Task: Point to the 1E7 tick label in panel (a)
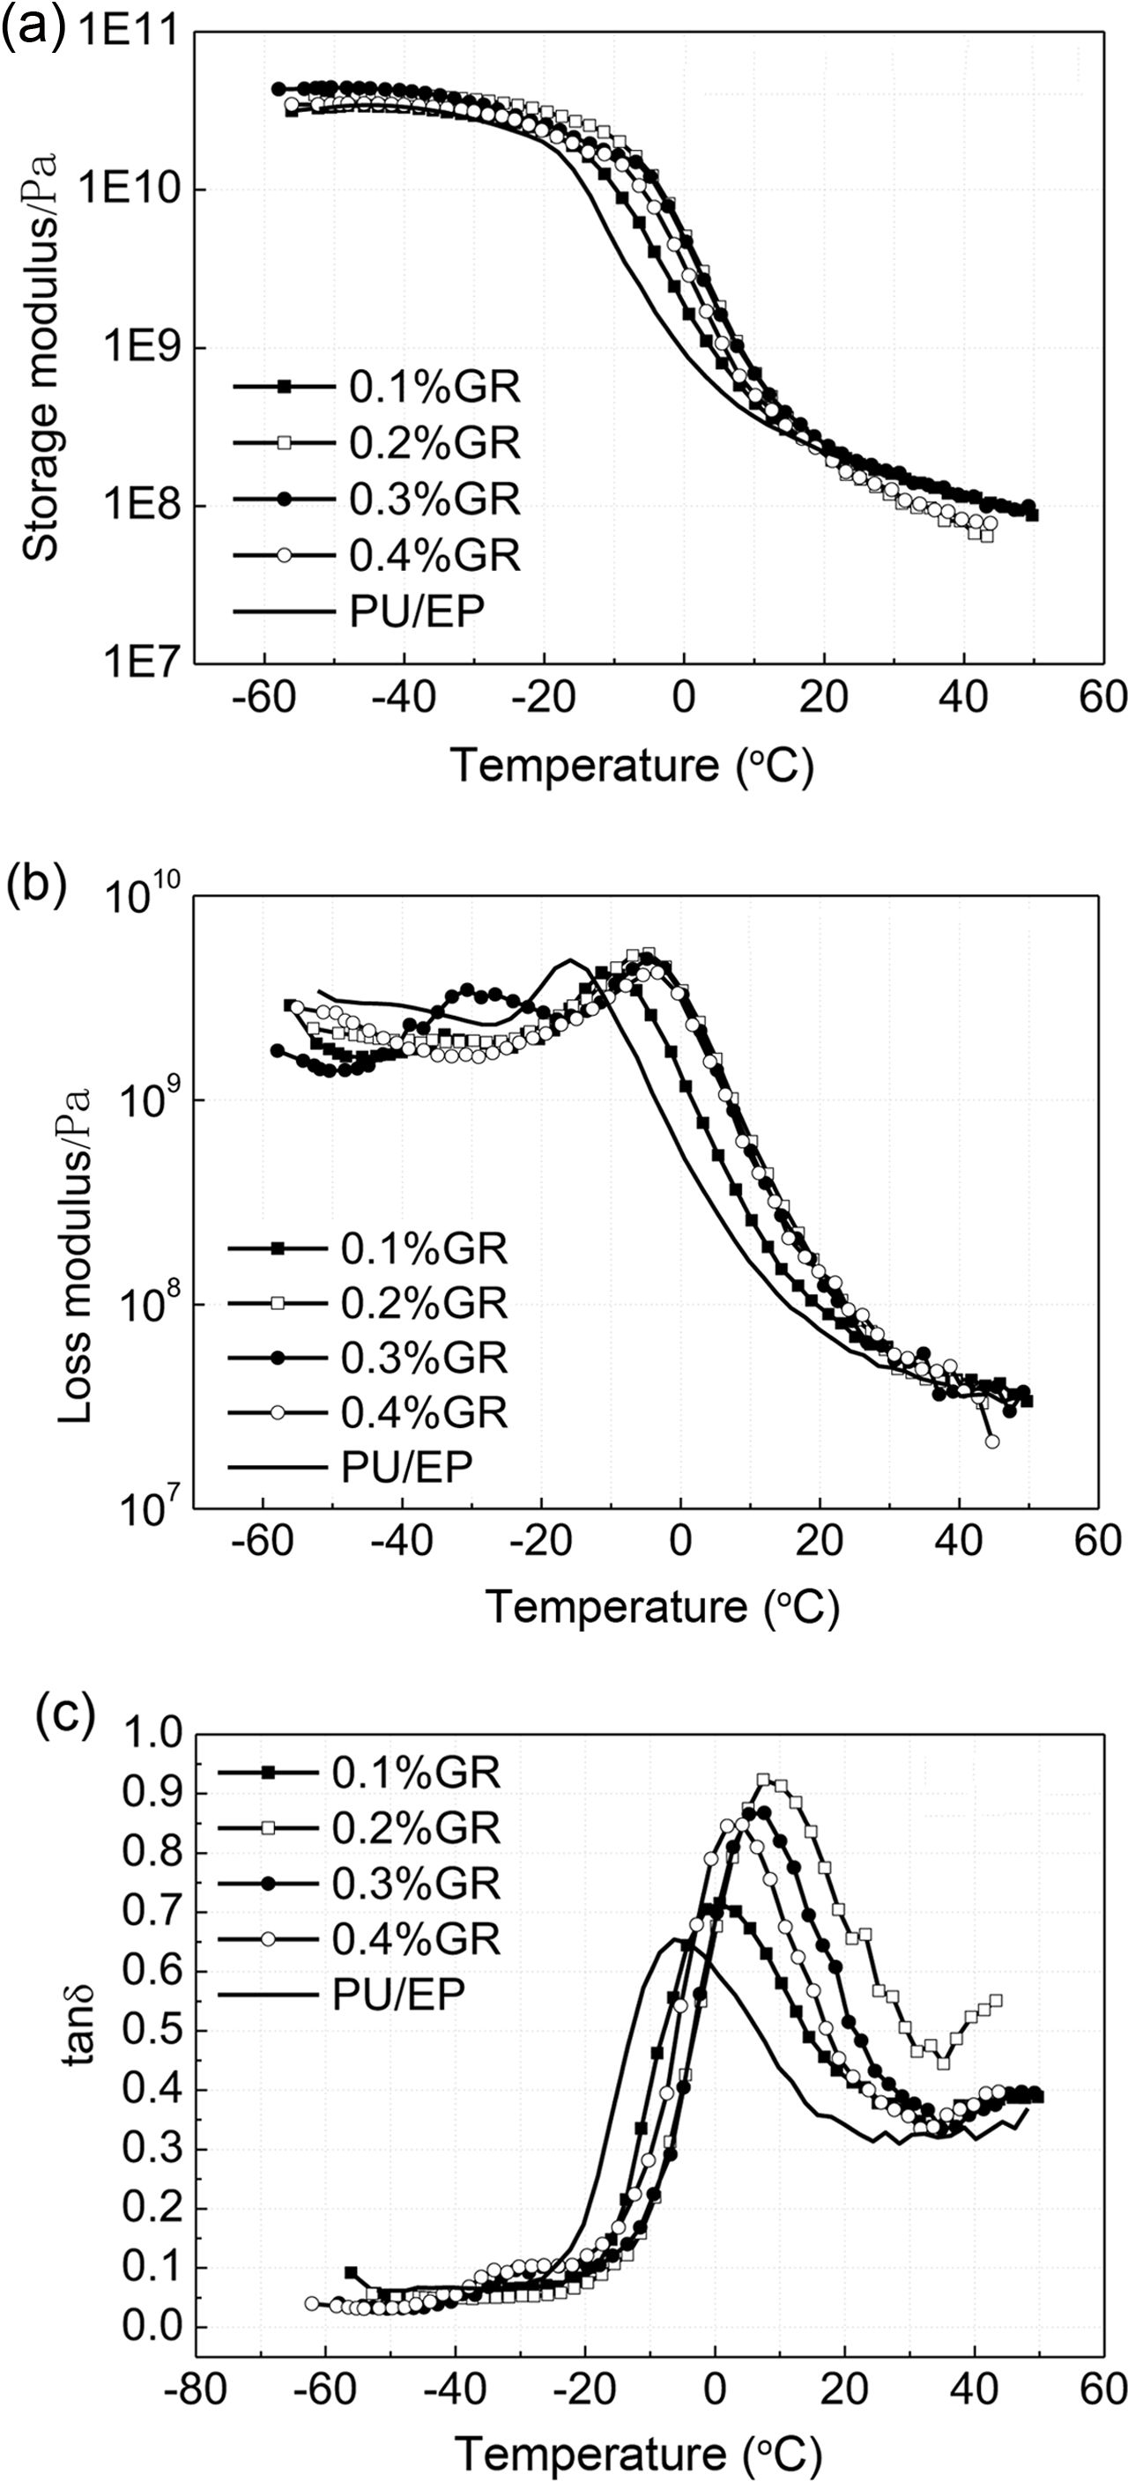tap(137, 663)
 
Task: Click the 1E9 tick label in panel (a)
tap(137, 348)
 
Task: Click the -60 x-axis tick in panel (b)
tap(263, 1542)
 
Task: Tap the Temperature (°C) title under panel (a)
tap(633, 767)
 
